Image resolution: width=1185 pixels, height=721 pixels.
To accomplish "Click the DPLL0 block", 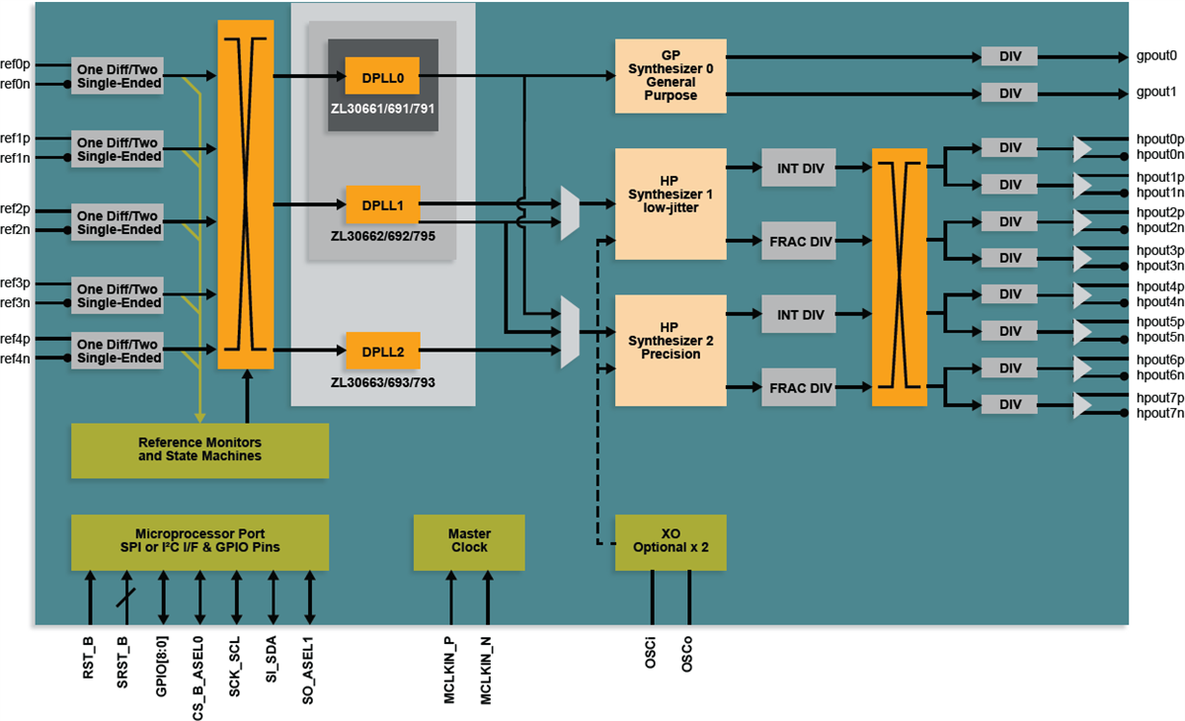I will (382, 75).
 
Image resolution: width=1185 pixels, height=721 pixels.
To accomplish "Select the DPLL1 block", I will (382, 204).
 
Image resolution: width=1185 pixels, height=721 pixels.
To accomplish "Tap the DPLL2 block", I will (382, 351).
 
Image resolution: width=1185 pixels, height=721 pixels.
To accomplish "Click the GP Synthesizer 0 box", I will (671, 75).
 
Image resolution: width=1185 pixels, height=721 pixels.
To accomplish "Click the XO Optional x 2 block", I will (671, 541).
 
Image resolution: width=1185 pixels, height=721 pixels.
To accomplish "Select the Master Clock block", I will (469, 541).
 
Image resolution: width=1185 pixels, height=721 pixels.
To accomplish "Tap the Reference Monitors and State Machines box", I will (199, 450).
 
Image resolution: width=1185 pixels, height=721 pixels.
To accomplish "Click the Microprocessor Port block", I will (199, 541).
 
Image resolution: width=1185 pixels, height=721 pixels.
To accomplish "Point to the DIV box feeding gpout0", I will (1009, 56).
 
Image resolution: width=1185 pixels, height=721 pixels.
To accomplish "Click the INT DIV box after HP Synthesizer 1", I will (800, 169).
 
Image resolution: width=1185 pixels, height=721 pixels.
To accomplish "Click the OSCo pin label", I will (687, 655).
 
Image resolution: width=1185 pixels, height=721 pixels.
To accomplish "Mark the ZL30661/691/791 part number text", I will (382, 108).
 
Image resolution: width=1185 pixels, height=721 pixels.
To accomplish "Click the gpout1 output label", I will (1156, 92).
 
